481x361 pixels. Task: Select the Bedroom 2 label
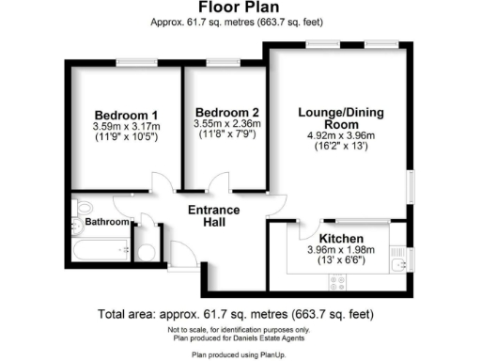tap(223, 110)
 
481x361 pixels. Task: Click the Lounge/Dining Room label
tap(339, 118)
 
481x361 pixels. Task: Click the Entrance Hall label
tap(214, 215)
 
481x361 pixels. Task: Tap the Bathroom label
tap(107, 222)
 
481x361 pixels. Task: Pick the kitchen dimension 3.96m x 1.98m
tap(340, 250)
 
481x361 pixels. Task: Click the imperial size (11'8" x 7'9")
tap(223, 134)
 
